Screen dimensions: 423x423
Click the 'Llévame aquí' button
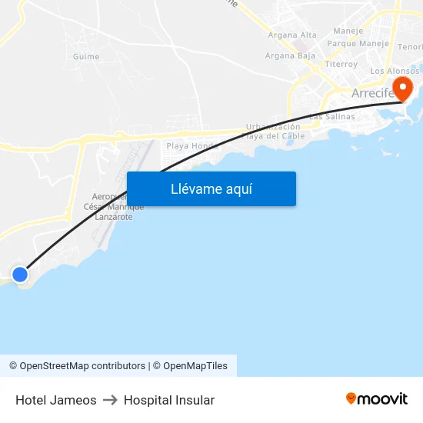pyautogui.click(x=211, y=188)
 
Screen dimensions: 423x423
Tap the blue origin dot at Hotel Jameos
pyautogui.click(x=20, y=274)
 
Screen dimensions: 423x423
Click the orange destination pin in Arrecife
pyautogui.click(x=401, y=88)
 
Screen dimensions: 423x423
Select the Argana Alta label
pyautogui.click(x=292, y=35)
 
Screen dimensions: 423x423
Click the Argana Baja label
pyautogui.click(x=290, y=55)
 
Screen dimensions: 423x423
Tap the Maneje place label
pyautogui.click(x=348, y=32)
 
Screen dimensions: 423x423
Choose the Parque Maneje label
pyautogui.click(x=358, y=44)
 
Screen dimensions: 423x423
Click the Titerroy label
pyautogui.click(x=341, y=65)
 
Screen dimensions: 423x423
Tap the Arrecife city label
pyautogui.click(x=373, y=94)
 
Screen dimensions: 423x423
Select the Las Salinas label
pyautogui.click(x=332, y=117)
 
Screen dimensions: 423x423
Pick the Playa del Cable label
pyautogui.click(x=273, y=136)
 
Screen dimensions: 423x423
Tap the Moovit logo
pyautogui.click(x=376, y=398)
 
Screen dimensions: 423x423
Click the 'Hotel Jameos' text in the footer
pyautogui.click(x=56, y=400)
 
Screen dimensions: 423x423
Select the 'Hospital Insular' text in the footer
pyautogui.click(x=169, y=400)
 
